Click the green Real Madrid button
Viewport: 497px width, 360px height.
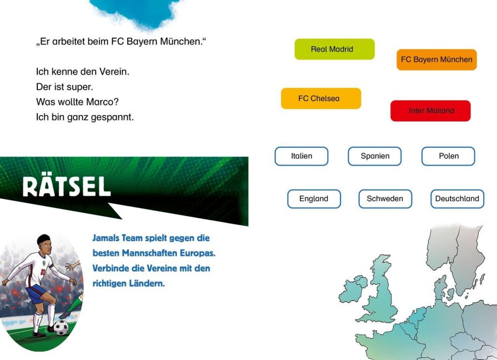pyautogui.click(x=334, y=49)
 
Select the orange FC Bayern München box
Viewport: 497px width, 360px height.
pyautogui.click(x=436, y=59)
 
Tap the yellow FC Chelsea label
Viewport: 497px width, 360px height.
pyautogui.click(x=321, y=98)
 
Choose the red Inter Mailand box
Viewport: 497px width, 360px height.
pyautogui.click(x=430, y=111)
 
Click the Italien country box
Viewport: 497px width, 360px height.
pyautogui.click(x=302, y=156)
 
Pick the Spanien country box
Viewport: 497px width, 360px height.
pyautogui.click(x=375, y=156)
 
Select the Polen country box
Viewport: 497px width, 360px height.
pyautogui.click(x=448, y=156)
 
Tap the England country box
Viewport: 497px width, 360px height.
pyautogui.click(x=314, y=199)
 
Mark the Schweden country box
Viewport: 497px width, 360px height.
pyautogui.click(x=385, y=199)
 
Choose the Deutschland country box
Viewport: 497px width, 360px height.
pyautogui.click(x=458, y=199)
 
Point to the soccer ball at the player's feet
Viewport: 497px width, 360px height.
pyautogui.click(x=61, y=327)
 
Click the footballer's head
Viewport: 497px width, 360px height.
pyautogui.click(x=44, y=243)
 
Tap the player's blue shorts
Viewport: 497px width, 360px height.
pyautogui.click(x=37, y=293)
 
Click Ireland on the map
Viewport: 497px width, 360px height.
pyautogui.click(x=353, y=289)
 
